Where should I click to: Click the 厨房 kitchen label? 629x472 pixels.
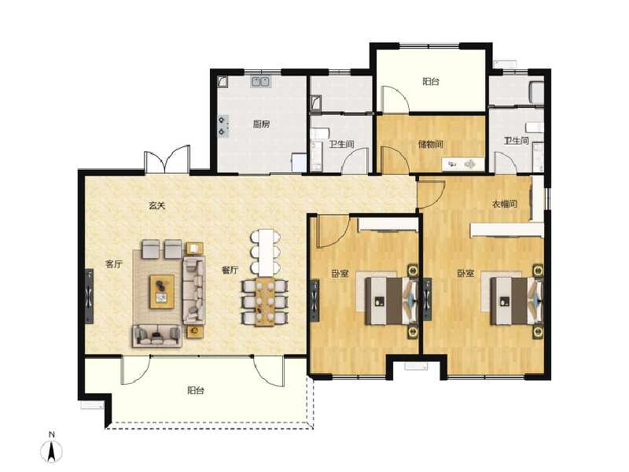point(262,124)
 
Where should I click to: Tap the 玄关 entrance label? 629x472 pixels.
point(157,206)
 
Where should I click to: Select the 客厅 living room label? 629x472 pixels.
point(114,264)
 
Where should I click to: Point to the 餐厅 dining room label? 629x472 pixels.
point(230,270)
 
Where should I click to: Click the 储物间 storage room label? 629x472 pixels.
point(431,144)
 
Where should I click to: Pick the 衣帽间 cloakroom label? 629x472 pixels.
point(504,205)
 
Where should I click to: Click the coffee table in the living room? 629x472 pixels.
point(163,289)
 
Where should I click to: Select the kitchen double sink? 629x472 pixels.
point(261,81)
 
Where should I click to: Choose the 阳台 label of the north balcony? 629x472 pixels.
point(430,81)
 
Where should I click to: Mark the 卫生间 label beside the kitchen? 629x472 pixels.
point(341,144)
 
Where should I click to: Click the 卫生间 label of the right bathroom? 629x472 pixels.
point(517,141)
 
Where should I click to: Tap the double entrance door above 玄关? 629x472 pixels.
point(167,160)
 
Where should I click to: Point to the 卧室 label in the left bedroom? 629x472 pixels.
point(340,274)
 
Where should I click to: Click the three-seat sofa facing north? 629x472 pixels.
point(156,336)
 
